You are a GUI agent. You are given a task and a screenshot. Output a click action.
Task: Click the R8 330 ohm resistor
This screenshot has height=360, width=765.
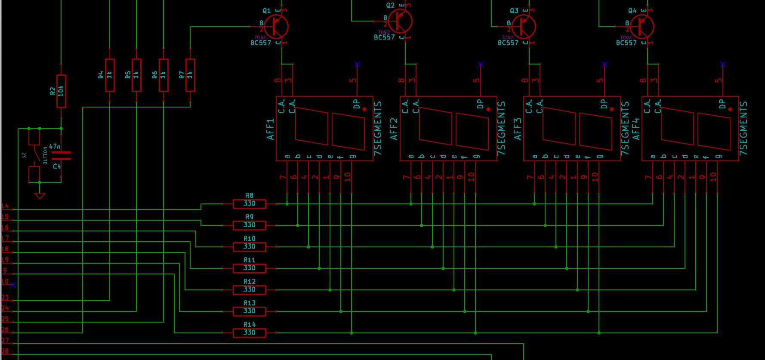tap(249, 203)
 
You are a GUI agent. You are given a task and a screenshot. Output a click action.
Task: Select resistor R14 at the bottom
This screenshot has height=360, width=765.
tap(249, 332)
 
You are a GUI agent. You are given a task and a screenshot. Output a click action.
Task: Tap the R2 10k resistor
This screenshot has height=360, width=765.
tap(61, 91)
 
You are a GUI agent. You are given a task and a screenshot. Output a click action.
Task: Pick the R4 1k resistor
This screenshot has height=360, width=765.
tap(110, 75)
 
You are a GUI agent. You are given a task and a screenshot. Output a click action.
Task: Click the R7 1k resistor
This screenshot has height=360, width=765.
tap(190, 75)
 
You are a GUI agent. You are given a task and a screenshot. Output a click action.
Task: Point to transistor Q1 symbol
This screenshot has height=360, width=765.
tap(276, 26)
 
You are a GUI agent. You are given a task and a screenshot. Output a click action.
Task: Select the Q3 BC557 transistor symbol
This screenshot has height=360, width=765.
tap(523, 26)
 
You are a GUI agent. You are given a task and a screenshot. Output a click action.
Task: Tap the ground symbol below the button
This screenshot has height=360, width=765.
tap(40, 196)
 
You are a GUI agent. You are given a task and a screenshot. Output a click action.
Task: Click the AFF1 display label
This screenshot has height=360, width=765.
tap(271, 129)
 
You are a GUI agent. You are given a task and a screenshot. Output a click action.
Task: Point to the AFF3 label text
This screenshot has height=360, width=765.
tap(518, 129)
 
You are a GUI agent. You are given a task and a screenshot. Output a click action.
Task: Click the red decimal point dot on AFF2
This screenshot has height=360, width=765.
tap(488, 109)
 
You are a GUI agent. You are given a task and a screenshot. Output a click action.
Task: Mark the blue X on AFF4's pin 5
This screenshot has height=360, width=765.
tap(723, 65)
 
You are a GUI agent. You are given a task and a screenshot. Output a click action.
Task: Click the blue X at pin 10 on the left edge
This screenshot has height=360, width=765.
tap(13, 285)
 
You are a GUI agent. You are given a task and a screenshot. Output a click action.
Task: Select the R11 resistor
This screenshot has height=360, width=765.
tap(249, 268)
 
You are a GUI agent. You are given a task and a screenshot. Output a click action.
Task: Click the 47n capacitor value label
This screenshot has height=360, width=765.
tap(55, 147)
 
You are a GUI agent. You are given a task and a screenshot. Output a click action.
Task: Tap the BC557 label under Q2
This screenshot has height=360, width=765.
tap(384, 37)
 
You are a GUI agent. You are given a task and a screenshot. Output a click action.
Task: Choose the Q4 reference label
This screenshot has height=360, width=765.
tap(632, 10)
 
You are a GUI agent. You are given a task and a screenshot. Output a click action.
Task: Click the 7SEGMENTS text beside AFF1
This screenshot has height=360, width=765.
tap(378, 128)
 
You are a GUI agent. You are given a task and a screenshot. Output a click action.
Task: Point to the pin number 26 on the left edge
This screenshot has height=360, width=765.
tap(5, 330)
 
